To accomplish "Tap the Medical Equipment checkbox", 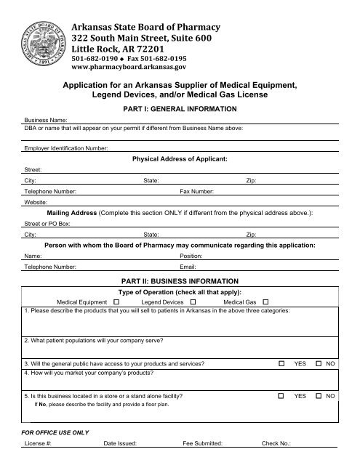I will pos(116,302).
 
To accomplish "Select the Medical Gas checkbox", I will pos(265,302).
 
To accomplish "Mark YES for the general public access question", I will pos(281,363).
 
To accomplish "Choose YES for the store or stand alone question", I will pos(281,397).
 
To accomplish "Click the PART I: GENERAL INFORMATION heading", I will pos(180,108).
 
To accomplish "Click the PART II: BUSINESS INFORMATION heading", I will pos(180,280).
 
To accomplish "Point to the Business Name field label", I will pos(46,118).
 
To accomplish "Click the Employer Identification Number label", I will pos(65,148).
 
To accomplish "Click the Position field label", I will pos(191,256).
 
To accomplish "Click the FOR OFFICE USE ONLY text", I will pos(54,432).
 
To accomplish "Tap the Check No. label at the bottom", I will pos(276,442).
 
